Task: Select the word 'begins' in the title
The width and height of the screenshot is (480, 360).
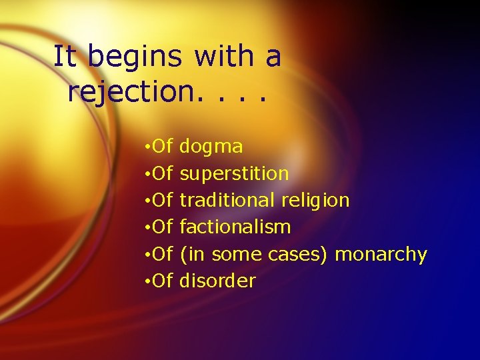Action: coord(135,58)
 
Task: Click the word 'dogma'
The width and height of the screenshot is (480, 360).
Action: coord(211,147)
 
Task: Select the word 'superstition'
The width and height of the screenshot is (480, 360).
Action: coord(234,174)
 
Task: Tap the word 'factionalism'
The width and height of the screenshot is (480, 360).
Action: coord(235,227)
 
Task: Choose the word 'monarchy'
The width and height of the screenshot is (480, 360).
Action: coord(381,255)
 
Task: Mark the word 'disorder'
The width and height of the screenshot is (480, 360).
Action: coord(217,281)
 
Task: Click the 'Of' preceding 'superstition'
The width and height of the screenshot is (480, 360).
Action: coord(163,173)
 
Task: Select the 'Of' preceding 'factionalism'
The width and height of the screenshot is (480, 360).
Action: coord(163,227)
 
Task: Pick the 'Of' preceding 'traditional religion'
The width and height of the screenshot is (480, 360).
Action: coord(163,200)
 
